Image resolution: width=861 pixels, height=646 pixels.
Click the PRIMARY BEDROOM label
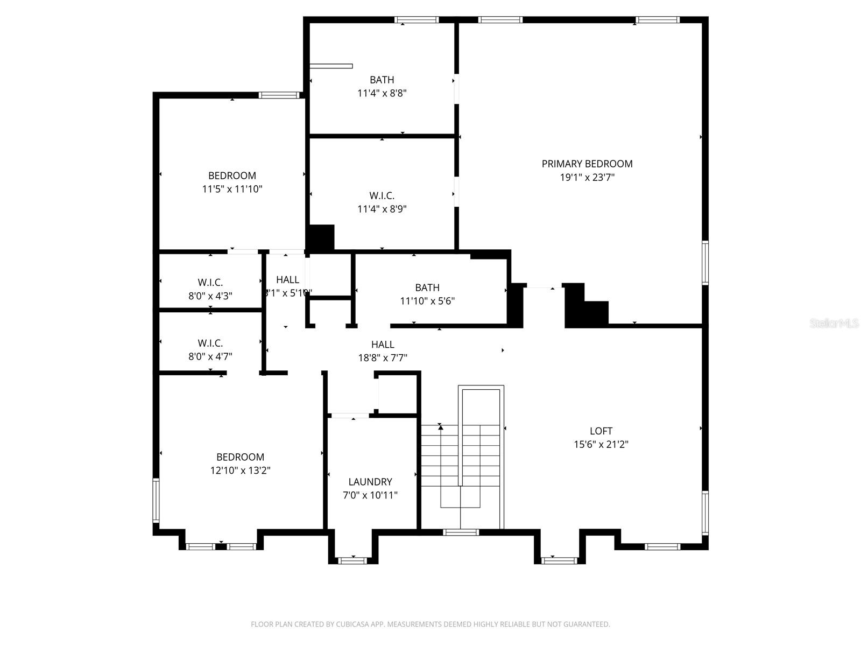point(587,164)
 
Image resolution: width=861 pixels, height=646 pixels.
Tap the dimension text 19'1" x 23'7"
point(587,177)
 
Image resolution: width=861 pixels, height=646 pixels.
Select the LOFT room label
point(601,431)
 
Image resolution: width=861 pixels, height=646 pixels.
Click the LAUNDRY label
point(370,482)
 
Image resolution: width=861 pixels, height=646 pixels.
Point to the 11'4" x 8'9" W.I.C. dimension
point(382,209)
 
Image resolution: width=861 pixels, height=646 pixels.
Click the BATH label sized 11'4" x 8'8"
point(382,80)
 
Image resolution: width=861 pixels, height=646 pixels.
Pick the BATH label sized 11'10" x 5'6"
point(427,287)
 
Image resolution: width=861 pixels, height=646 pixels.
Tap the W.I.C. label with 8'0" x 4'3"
point(210,282)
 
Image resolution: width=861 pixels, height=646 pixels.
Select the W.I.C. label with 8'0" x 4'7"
point(210,343)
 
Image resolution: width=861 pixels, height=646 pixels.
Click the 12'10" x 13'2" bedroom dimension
point(240,471)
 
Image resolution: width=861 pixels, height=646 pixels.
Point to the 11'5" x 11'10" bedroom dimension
point(232,189)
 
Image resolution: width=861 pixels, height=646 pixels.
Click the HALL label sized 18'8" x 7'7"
point(383,345)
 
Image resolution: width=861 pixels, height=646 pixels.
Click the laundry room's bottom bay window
point(352,560)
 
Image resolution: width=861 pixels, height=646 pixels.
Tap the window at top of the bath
point(417,20)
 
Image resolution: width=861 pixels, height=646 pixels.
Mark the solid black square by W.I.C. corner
point(321,238)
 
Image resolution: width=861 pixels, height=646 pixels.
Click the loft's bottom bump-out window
point(559,560)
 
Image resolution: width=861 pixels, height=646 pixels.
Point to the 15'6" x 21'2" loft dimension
point(601,444)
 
